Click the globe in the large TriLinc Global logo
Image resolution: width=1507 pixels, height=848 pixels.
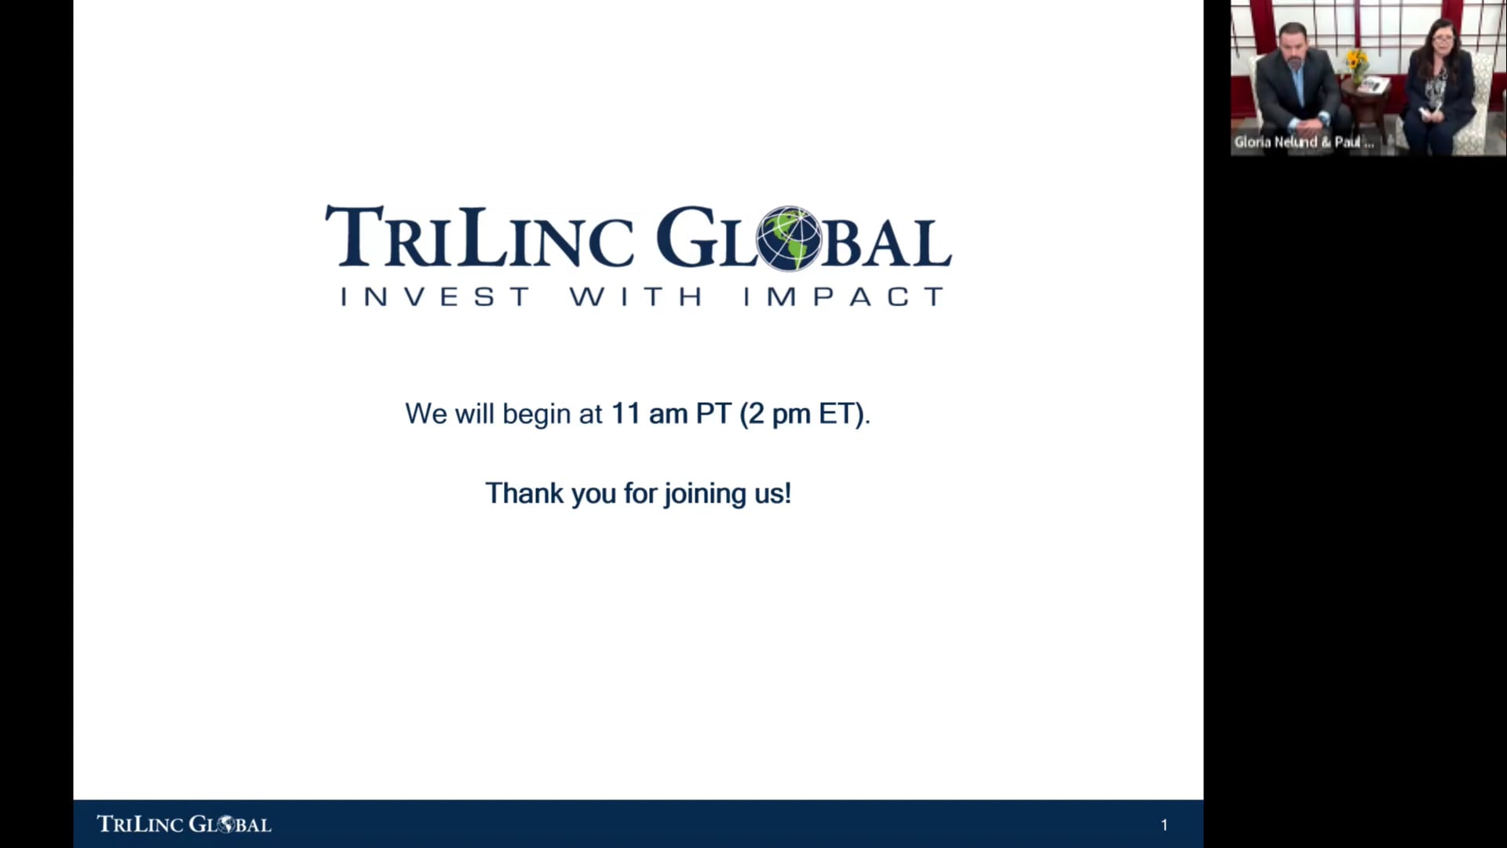tap(788, 239)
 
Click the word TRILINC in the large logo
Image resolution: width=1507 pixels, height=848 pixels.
tap(480, 236)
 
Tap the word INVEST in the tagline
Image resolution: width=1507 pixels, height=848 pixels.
tap(436, 297)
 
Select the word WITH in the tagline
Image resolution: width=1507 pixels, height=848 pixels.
tap(636, 297)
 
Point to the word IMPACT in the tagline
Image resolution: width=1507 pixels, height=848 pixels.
tap(844, 297)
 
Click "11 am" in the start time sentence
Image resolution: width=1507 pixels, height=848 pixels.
tap(649, 414)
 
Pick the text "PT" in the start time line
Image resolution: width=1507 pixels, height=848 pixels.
tap(713, 414)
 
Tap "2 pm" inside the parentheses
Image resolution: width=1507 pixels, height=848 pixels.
tap(779, 415)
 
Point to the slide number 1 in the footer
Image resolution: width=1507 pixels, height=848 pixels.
tap(1164, 824)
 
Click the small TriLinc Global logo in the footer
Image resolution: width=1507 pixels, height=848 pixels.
tap(184, 824)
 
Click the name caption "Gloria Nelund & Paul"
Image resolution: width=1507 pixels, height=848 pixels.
tap(1304, 142)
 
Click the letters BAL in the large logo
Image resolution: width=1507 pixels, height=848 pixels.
tap(887, 242)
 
